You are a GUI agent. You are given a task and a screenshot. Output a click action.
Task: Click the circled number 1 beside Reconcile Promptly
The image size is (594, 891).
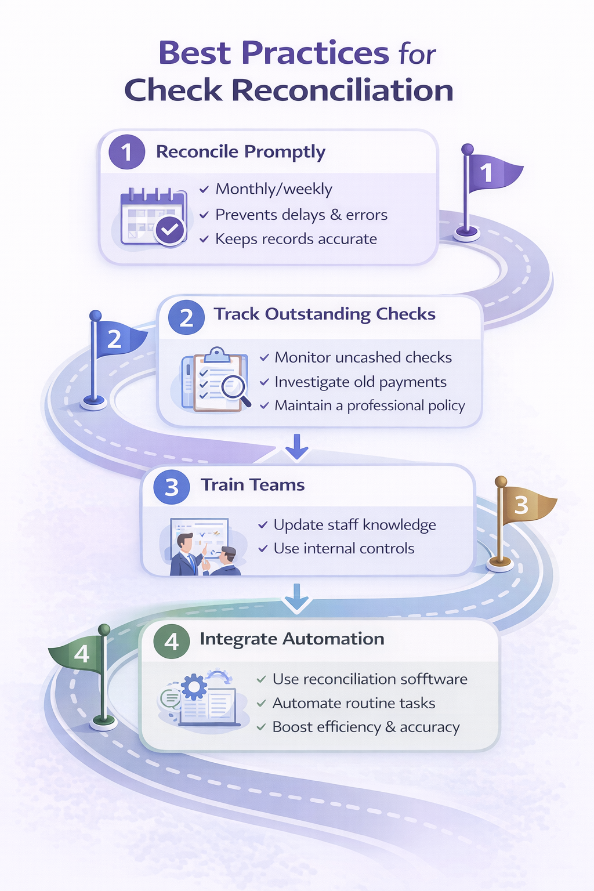(x=126, y=152)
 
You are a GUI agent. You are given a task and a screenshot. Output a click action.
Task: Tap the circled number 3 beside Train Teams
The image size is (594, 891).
(x=171, y=487)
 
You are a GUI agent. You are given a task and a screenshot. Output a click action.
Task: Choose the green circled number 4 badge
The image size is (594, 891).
(x=171, y=642)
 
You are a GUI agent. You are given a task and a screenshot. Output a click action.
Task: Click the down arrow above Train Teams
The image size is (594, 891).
(x=296, y=446)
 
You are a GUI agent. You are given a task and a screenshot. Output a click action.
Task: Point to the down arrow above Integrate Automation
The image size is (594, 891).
(x=296, y=597)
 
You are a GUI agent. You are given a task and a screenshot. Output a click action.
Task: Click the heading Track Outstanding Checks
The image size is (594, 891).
(x=324, y=314)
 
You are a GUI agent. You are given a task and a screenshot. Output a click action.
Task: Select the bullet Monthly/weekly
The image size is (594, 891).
(x=274, y=189)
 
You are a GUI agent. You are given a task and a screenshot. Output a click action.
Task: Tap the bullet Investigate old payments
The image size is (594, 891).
(x=360, y=382)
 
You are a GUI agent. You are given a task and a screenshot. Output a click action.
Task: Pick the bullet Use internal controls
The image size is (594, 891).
(x=344, y=548)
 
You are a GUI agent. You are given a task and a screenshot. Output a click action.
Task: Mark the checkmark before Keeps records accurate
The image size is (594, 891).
(x=204, y=239)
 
